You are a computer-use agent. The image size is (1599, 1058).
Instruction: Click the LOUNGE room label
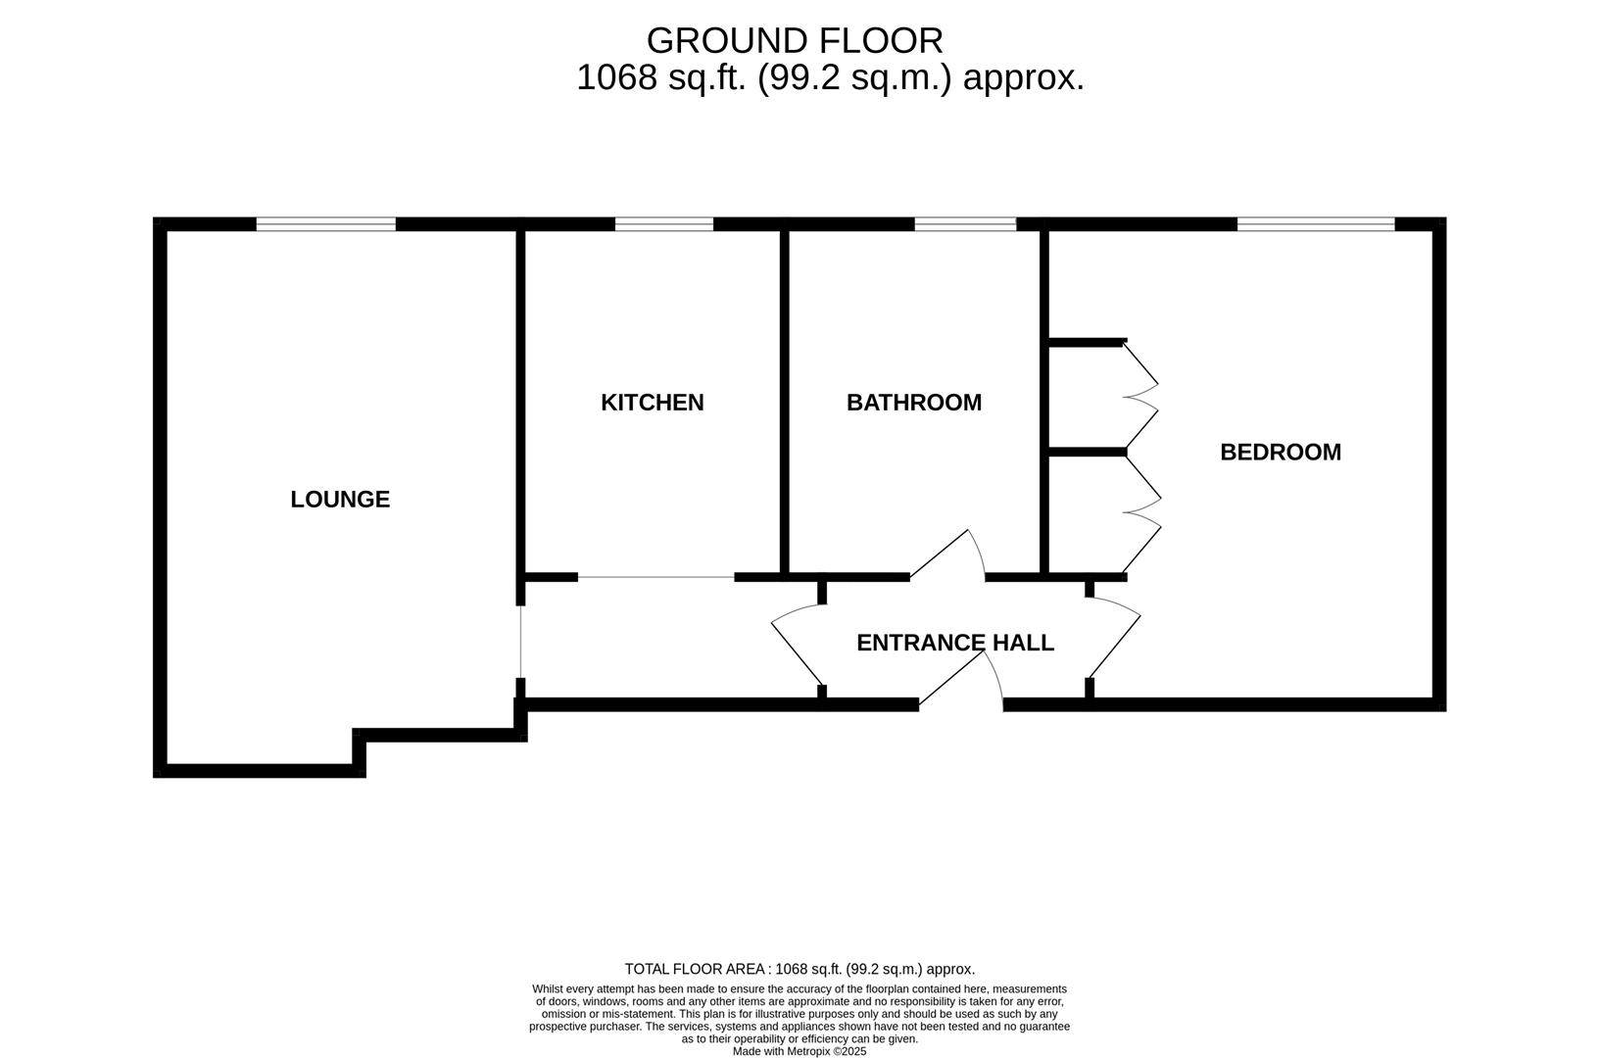[340, 500]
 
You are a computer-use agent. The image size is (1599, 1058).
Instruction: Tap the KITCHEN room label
[652, 403]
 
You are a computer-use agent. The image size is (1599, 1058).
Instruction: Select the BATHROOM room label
[913, 403]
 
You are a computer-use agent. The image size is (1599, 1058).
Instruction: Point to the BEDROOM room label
[1280, 453]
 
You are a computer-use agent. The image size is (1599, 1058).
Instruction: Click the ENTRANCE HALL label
[954, 643]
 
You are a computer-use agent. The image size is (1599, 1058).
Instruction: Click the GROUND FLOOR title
[795, 41]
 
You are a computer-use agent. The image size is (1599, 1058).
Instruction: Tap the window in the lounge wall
[326, 224]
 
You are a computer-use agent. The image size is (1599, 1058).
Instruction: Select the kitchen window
[664, 224]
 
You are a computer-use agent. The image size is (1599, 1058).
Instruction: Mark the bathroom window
[965, 224]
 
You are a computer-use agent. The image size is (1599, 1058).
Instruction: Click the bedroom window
[1315, 224]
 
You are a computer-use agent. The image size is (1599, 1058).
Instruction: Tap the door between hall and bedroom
[1115, 642]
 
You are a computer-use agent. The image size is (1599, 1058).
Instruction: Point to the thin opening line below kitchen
[655, 578]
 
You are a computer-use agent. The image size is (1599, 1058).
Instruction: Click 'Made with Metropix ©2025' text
[799, 1051]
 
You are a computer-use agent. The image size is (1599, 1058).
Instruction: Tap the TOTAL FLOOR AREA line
[799, 969]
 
